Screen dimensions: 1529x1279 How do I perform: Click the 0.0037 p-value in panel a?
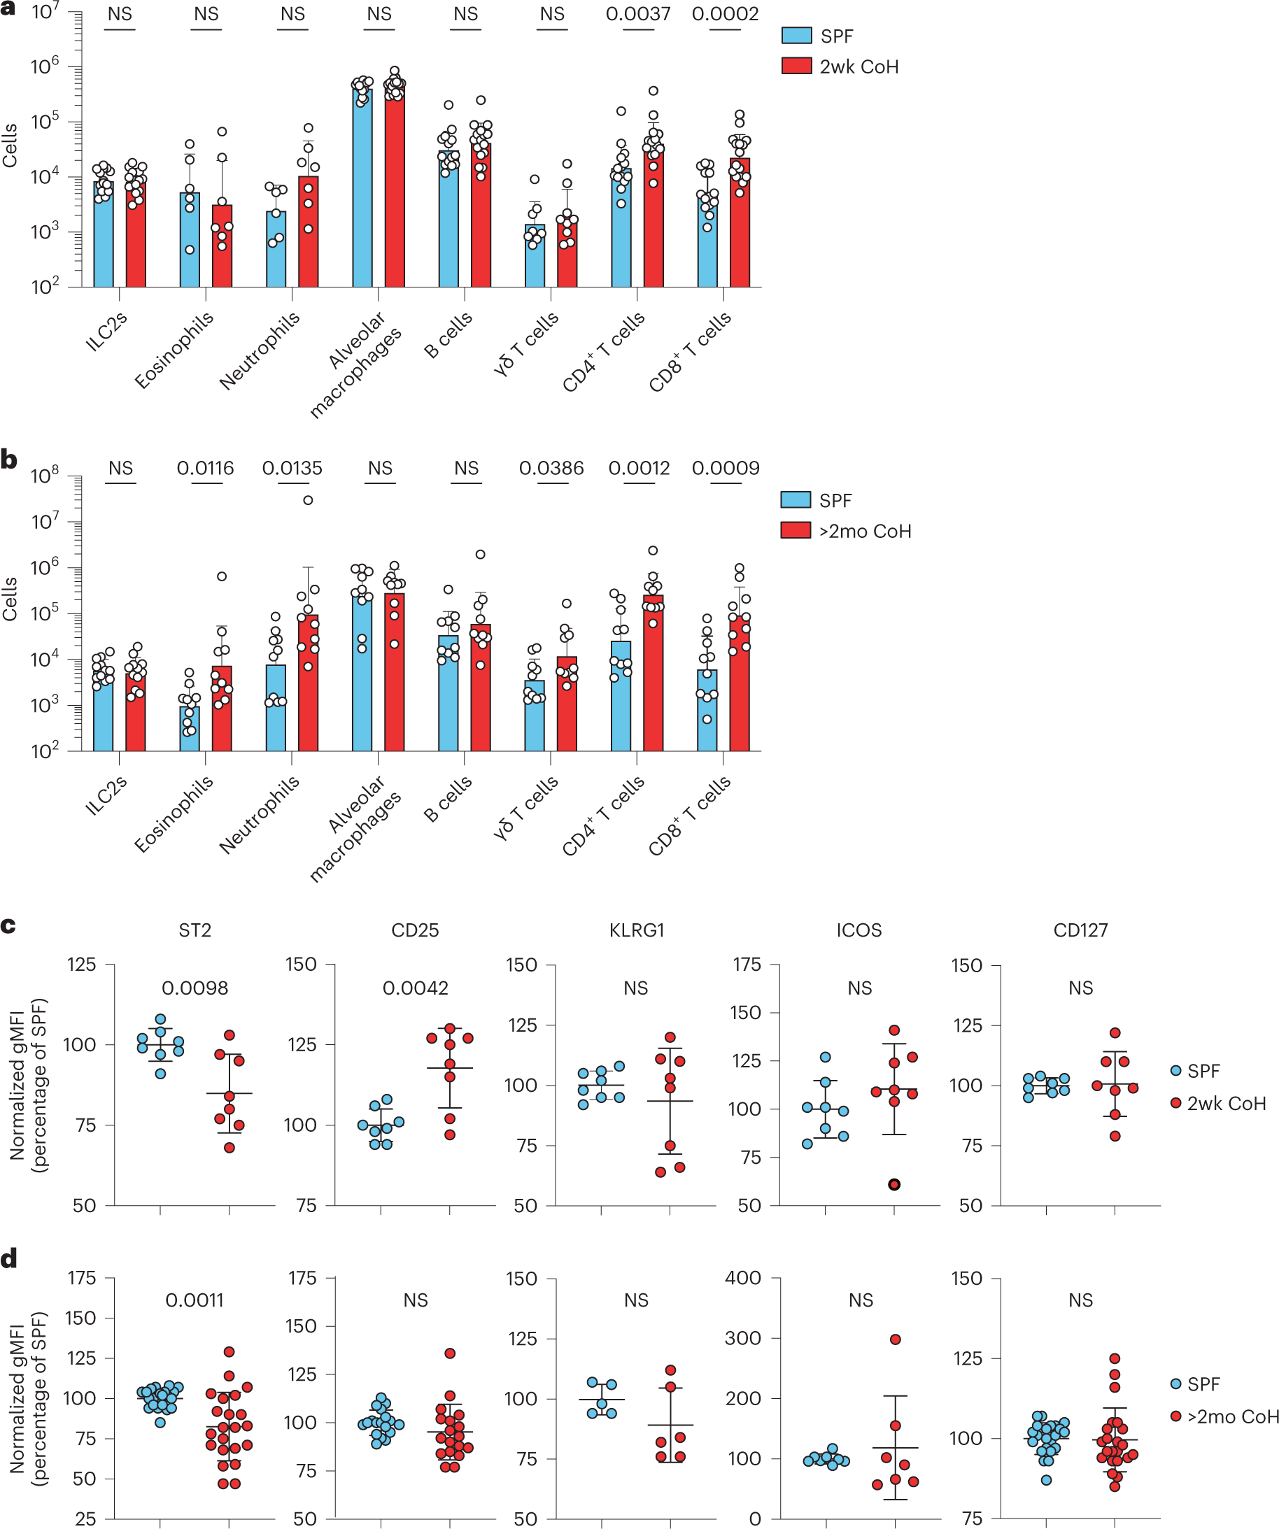[x=637, y=14]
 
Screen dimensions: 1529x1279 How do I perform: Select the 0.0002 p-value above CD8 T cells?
[x=725, y=14]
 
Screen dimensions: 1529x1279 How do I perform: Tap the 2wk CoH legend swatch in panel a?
[x=796, y=66]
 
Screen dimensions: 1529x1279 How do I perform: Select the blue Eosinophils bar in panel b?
[x=190, y=727]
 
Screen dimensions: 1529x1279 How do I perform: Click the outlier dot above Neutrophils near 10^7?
[x=308, y=500]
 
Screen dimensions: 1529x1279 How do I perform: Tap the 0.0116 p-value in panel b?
[x=206, y=468]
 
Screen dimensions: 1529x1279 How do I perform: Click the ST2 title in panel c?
[x=195, y=930]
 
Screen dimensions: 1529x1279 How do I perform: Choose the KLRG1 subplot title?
[x=636, y=930]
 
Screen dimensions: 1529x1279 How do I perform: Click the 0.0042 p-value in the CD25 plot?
[x=415, y=988]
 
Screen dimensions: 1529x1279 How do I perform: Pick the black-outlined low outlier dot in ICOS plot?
[x=893, y=1185]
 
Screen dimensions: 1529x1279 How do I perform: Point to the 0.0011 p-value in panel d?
[x=195, y=1300]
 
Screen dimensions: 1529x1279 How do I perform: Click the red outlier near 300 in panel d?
[x=895, y=1339]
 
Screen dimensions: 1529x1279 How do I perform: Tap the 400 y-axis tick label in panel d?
[x=743, y=1278]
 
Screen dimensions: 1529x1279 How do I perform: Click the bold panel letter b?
[x=8, y=460]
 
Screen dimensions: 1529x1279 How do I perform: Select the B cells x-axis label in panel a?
[x=448, y=335]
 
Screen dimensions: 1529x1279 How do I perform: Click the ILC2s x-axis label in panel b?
[x=106, y=795]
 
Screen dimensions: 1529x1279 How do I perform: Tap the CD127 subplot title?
[x=1080, y=930]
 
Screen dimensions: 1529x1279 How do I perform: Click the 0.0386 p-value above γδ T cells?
[x=551, y=468]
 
